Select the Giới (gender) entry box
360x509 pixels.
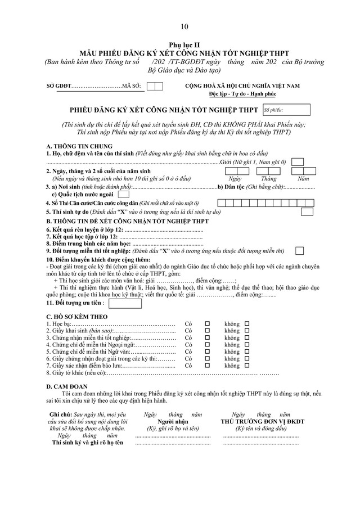point(299,162)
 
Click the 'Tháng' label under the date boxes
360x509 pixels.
point(268,178)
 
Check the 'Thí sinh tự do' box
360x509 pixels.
point(307,211)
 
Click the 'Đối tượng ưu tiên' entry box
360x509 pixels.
point(125,303)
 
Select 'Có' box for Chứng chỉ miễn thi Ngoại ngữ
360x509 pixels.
point(207,344)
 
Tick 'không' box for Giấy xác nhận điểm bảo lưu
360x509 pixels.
point(247,365)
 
